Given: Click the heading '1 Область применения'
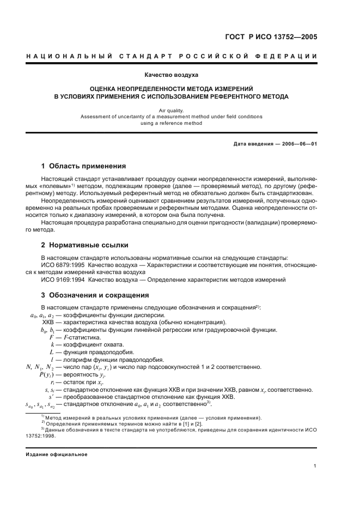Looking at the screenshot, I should [x=84, y=166].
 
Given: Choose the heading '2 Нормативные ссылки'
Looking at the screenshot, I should [x=85, y=245].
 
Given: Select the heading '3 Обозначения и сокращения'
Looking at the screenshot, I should [x=95, y=295].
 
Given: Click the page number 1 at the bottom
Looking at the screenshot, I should [x=315, y=465].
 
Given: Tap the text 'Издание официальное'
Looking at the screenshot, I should [x=57, y=454].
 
